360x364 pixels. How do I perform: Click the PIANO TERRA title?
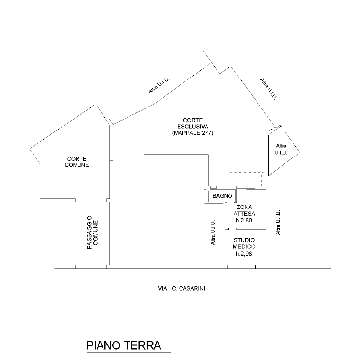pyautogui.click(x=124, y=345)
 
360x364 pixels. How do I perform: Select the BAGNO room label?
pyautogui.click(x=222, y=196)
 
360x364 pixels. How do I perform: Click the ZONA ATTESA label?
pyautogui.click(x=244, y=211)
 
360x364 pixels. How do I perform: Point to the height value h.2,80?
pyautogui.click(x=244, y=220)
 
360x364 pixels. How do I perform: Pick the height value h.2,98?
pyautogui.click(x=244, y=254)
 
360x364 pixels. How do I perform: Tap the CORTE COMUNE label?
pyautogui.click(x=78, y=162)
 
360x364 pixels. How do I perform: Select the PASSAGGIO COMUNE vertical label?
pyautogui.click(x=93, y=234)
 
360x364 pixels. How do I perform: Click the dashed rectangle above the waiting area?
pyautogui.click(x=247, y=179)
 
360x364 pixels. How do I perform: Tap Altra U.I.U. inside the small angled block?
pyautogui.click(x=281, y=150)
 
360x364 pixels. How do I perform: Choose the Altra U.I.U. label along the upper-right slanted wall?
pyautogui.click(x=269, y=89)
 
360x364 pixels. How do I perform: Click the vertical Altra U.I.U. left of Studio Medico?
pyautogui.click(x=213, y=234)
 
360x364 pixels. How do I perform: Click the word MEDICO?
pyautogui.click(x=244, y=246)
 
